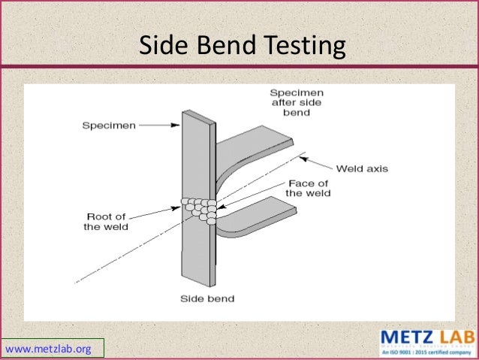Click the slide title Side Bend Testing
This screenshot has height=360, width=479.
243,46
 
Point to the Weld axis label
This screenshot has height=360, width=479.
362,169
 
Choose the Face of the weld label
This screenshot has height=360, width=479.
308,188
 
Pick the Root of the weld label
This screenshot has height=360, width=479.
106,222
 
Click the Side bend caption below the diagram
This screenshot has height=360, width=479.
206,298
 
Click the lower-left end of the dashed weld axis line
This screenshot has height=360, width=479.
77,283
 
